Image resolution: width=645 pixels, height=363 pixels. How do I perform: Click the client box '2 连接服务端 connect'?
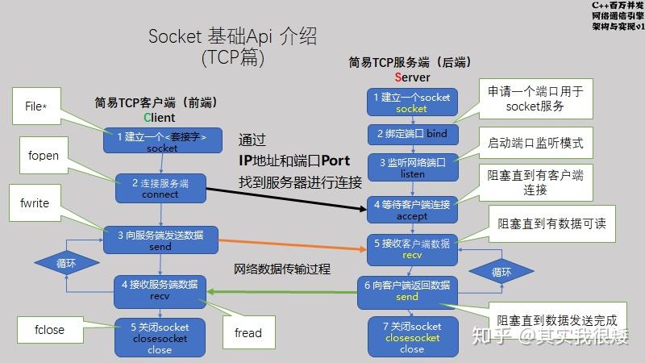coord(160,189)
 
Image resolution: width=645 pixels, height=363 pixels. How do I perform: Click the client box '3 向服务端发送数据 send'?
coord(160,240)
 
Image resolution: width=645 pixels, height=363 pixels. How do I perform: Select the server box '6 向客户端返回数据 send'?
coord(407,290)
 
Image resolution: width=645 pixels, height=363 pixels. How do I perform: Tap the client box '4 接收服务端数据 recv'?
coord(160,290)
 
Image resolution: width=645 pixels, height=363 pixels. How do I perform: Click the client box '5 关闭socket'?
coord(160,338)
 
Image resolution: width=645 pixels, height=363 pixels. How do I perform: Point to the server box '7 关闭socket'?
coord(412,337)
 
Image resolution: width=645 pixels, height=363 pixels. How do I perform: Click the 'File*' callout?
coord(35,106)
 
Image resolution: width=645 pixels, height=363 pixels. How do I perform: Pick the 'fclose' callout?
coord(49,329)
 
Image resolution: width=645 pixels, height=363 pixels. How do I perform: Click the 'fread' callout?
coord(248,332)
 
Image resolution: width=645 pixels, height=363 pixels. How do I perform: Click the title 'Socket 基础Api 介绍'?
coord(232,36)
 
